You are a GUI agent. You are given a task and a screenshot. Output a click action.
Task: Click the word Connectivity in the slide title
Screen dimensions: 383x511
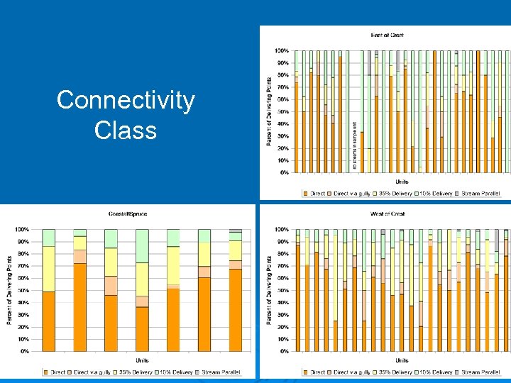(125, 101)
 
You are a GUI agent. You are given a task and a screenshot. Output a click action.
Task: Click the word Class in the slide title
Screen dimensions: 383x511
(125, 130)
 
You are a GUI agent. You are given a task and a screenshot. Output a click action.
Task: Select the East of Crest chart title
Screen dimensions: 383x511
(388, 35)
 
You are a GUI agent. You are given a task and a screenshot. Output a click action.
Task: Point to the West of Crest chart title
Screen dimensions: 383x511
(388, 213)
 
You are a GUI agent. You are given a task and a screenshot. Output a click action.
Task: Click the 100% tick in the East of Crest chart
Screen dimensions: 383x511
(281, 51)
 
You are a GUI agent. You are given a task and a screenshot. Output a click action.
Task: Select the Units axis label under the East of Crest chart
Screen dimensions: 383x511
(402, 182)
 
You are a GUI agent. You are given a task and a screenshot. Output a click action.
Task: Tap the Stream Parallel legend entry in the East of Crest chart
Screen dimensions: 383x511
(480, 193)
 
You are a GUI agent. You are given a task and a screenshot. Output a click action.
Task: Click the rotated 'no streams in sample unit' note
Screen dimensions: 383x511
(354, 145)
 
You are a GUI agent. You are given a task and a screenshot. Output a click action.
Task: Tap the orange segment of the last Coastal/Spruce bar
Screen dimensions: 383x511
(235, 310)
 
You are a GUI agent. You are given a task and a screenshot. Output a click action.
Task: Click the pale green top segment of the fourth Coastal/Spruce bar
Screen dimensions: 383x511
(143, 245)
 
